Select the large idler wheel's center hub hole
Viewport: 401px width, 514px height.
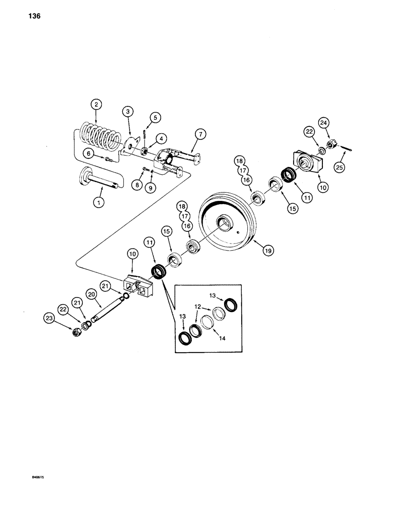pyautogui.click(x=225, y=222)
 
